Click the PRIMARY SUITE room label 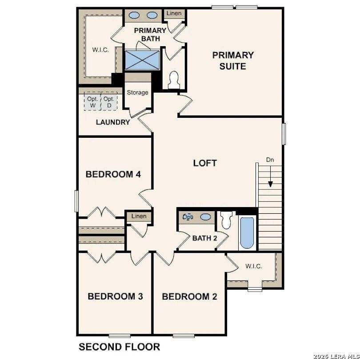pos(232,61)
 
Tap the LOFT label pos(205,163)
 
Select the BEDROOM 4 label pos(113,174)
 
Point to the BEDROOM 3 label pos(115,296)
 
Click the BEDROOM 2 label pos(189,296)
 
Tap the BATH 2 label pos(204,238)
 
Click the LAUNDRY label pos(113,122)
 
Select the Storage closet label pos(137,92)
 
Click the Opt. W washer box pos(92,102)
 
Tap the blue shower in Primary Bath pos(142,60)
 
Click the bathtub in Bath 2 pos(247,233)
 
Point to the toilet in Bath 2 pos(226,220)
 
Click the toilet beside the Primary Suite pos(174,80)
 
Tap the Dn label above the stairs pos(270,160)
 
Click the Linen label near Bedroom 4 pos(139,216)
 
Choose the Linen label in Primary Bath pos(174,14)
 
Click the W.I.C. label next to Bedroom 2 pos(253,266)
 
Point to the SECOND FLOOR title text pos(119,347)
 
